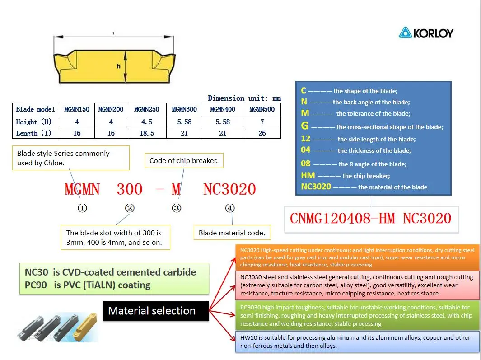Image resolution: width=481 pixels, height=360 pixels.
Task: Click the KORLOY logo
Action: pyautogui.click(x=425, y=33)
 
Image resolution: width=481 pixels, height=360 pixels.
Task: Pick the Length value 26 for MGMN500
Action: pyautogui.click(x=262, y=133)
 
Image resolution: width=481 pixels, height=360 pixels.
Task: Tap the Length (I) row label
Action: pyautogui.click(x=34, y=133)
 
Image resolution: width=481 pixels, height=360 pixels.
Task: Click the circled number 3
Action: pyautogui.click(x=177, y=208)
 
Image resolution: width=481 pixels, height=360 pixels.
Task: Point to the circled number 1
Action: pyautogui.click(x=82, y=208)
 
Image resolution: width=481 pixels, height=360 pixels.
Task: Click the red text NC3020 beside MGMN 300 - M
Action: pyautogui.click(x=229, y=189)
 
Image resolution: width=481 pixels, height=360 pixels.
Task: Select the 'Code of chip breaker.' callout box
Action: pyautogui.click(x=183, y=160)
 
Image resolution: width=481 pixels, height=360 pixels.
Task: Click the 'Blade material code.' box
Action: pyautogui.click(x=232, y=233)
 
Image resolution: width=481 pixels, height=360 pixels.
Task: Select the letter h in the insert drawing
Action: pyautogui.click(x=119, y=66)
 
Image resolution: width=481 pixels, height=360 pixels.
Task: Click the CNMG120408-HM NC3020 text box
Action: pyautogui.click(x=371, y=219)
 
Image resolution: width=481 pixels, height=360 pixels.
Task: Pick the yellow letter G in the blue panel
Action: pyautogui.click(x=305, y=126)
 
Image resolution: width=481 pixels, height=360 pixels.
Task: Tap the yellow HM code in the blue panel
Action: pyautogui.click(x=308, y=175)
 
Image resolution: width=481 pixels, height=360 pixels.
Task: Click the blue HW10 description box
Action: pyautogui.click(x=357, y=342)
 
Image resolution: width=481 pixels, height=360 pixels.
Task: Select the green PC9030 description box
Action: pyautogui.click(x=357, y=315)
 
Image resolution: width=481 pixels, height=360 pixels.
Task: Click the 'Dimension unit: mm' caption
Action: pyautogui.click(x=244, y=98)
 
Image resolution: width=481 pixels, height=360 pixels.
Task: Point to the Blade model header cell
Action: pyautogui.click(x=35, y=109)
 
